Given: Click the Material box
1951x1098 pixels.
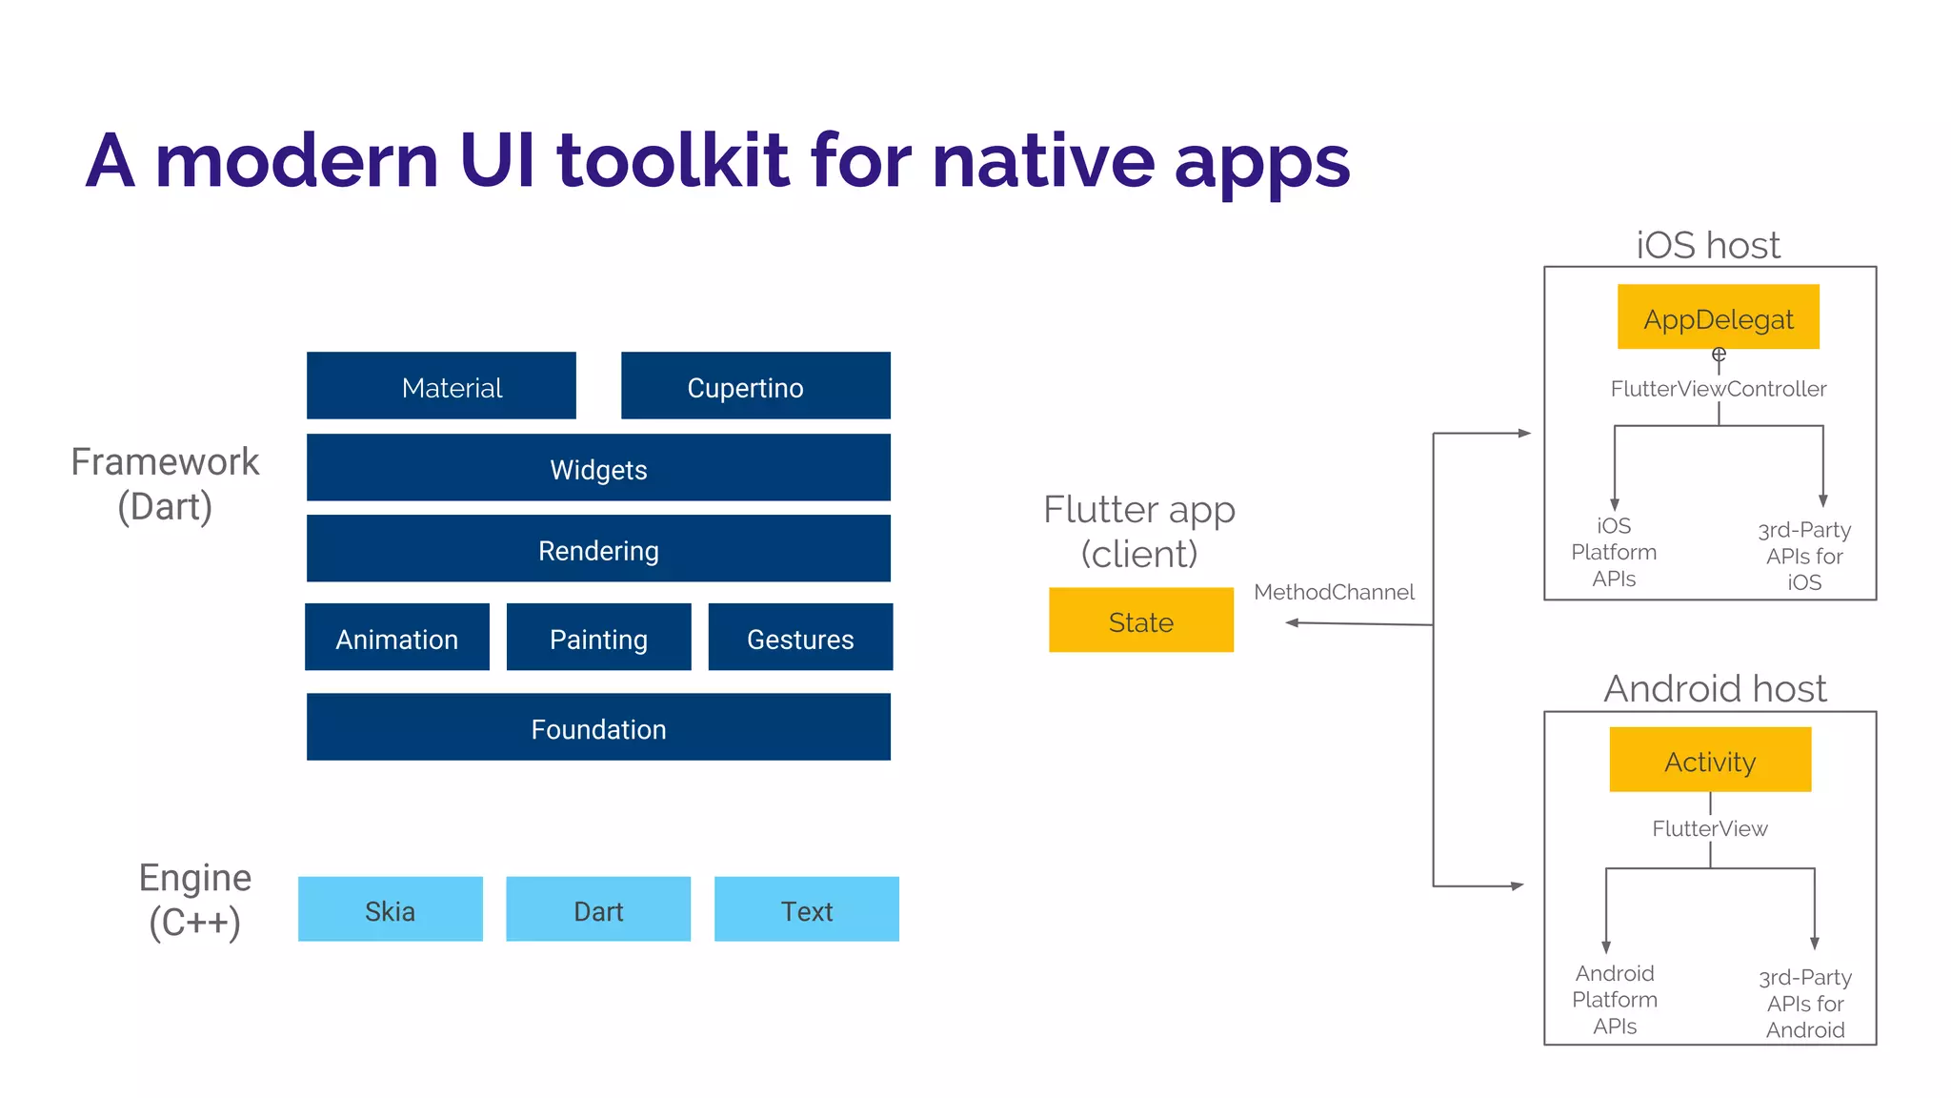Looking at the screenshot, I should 441,386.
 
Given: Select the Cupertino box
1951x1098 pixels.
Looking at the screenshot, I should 755,386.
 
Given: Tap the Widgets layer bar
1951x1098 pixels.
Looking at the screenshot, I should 598,468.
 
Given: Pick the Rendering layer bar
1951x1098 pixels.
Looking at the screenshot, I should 598,549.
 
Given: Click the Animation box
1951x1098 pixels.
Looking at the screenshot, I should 397,638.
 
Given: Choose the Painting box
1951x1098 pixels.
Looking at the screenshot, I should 598,638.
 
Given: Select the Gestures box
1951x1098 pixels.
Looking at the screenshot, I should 800,638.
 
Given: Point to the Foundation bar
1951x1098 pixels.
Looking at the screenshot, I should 598,727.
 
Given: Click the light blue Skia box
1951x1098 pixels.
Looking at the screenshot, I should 390,909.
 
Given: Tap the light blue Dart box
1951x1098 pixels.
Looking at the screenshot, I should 598,909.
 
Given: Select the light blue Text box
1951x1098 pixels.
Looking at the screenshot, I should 807,909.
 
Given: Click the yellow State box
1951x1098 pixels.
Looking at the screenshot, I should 1141,620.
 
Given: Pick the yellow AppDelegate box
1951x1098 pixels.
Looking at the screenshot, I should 1719,317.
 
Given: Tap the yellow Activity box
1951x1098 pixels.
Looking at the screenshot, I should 1710,760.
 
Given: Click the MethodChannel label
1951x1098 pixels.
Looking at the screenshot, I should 1334,592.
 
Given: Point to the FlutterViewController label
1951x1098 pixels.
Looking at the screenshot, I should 1719,389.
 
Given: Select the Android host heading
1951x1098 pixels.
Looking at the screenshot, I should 1715,688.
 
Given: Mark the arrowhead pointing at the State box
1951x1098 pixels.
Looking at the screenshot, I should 1293,622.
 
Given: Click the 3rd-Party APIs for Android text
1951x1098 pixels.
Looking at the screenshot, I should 1805,1004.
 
